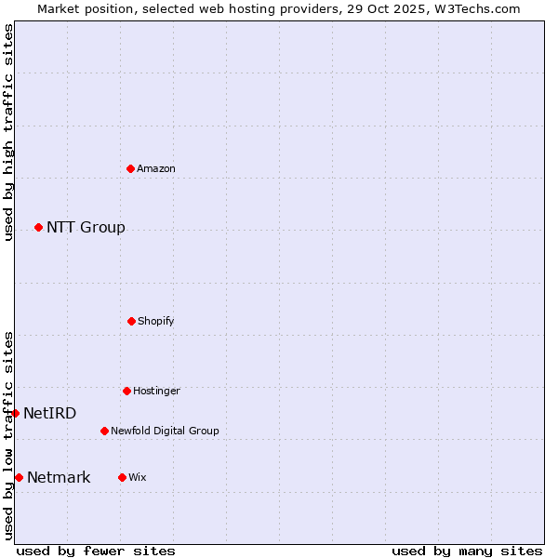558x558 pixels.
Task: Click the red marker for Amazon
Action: [131, 168]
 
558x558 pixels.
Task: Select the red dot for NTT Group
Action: [38, 227]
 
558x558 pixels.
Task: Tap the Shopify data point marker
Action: [131, 321]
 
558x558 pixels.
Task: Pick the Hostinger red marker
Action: [126, 391]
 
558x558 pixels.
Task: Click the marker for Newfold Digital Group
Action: [104, 431]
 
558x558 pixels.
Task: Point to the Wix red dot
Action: [122, 477]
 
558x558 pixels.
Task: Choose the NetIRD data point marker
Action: [16, 413]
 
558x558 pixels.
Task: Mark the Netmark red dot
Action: [19, 477]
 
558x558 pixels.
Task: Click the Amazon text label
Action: [156, 168]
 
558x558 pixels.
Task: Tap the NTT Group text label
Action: [86, 227]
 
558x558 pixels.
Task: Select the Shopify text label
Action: [156, 321]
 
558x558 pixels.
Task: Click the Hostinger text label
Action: [156, 391]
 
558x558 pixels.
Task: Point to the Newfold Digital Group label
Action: [165, 431]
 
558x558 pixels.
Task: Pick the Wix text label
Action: [138, 477]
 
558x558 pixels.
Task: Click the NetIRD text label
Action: [50, 413]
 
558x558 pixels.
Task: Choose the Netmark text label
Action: [59, 477]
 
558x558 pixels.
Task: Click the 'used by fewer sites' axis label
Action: [96, 551]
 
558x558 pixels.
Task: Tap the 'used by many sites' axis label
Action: [467, 551]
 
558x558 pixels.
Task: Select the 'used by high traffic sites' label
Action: [8, 132]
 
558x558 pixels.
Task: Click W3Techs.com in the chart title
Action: [472, 8]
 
